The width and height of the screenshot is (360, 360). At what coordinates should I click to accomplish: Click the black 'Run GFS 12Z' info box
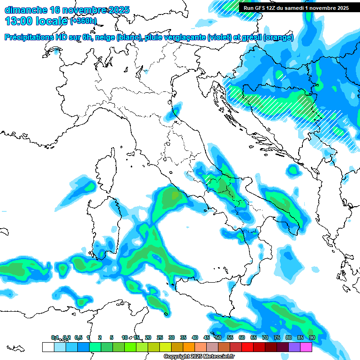(293, 8)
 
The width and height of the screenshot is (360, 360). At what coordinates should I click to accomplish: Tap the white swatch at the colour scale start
(48, 347)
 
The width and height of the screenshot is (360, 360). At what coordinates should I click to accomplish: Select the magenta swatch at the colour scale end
(306, 347)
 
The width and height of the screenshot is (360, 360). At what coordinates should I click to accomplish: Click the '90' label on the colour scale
(312, 337)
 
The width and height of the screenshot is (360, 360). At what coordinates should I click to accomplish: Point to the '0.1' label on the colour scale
(55, 337)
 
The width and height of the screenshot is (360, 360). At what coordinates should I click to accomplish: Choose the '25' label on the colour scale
(160, 337)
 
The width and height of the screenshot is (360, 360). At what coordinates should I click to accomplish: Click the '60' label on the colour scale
(242, 337)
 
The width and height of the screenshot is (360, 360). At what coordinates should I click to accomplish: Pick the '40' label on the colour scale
(195, 337)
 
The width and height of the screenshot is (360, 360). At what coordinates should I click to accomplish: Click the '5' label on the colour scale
(112, 337)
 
